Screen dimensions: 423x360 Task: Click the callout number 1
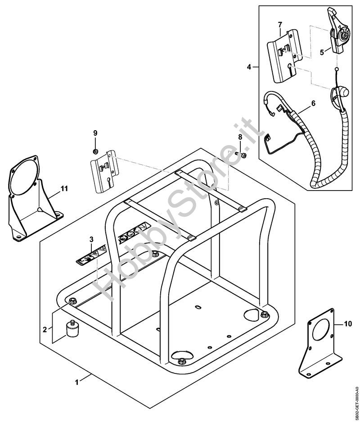pos(76,382)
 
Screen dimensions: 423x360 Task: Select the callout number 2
pos(45,329)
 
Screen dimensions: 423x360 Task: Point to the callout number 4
pos(249,67)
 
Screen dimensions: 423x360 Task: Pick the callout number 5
pos(322,52)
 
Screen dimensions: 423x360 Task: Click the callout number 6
pos(314,103)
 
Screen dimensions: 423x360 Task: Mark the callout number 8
pos(240,136)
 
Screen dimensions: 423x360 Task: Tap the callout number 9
pos(95,132)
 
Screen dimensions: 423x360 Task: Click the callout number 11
pos(64,189)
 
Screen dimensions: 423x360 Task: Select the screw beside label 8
pos(243,155)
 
